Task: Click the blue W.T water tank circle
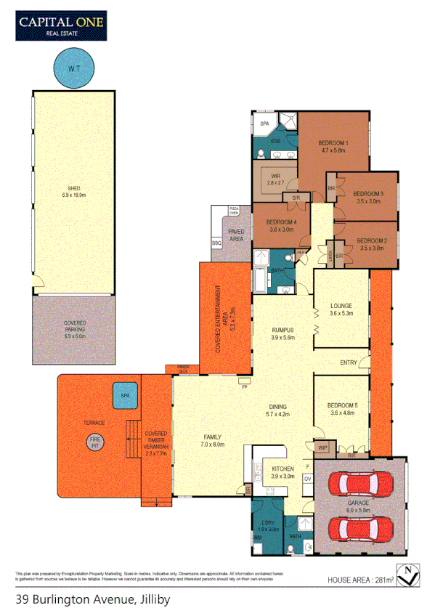click(x=73, y=68)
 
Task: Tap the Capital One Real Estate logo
click(x=61, y=26)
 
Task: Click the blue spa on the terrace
click(x=125, y=397)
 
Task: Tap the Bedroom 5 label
click(x=341, y=408)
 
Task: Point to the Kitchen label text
click(x=282, y=473)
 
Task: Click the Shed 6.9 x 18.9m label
click(x=73, y=192)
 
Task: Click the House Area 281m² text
click(x=360, y=580)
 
